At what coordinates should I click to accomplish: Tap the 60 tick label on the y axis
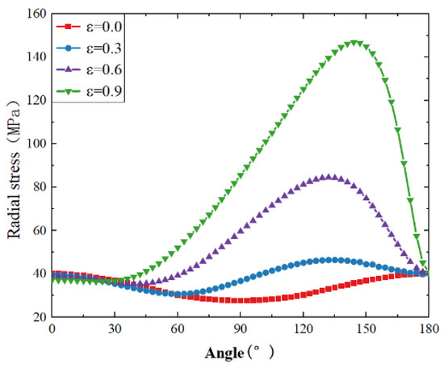[x=37, y=231]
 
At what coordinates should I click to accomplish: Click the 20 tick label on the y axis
[x=37, y=317]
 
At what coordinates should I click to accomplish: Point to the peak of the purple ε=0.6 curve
[x=329, y=177]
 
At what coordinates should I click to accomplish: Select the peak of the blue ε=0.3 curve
[x=329, y=260]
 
